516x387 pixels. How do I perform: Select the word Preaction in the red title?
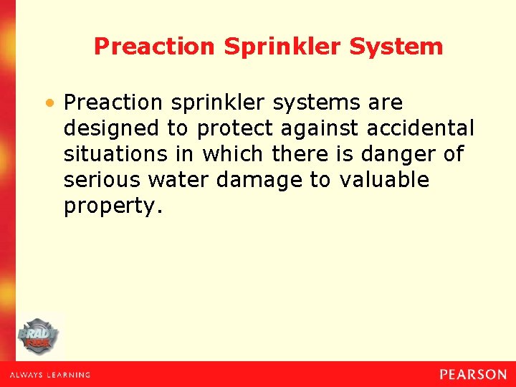click(x=154, y=47)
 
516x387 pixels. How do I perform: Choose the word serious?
click(x=102, y=180)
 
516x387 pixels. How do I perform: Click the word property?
click(x=111, y=207)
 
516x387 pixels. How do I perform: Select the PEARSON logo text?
click(x=472, y=374)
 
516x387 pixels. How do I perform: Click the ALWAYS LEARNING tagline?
click(x=50, y=375)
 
